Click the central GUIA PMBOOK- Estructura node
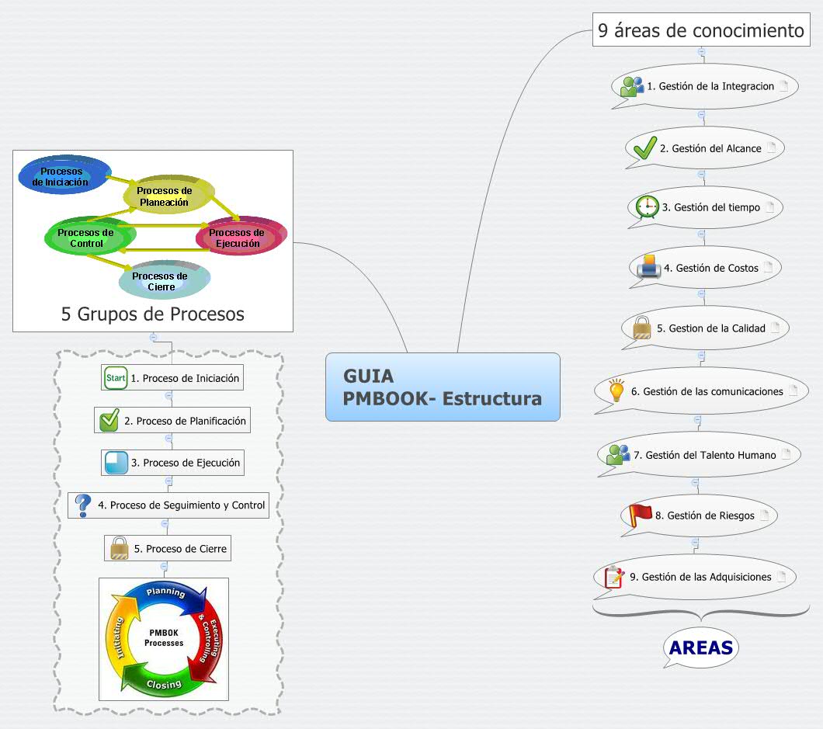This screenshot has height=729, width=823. tap(443, 387)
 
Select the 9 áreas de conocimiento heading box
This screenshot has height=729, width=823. tap(701, 30)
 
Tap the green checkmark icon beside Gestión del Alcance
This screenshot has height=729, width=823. tap(645, 147)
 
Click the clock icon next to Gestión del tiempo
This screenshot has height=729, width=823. tap(647, 207)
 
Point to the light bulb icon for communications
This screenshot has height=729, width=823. tap(616, 390)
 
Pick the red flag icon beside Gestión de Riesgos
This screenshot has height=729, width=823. tap(641, 515)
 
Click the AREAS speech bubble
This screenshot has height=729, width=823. tap(701, 647)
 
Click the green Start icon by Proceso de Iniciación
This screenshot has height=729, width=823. tap(116, 378)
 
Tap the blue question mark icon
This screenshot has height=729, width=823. tap(83, 505)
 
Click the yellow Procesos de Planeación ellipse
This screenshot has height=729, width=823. tap(165, 196)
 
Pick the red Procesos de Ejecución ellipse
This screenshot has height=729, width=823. tap(238, 238)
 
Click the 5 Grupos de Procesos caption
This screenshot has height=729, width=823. tap(153, 314)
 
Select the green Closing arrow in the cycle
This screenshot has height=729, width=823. tap(165, 682)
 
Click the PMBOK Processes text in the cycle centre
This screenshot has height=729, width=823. tap(164, 637)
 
